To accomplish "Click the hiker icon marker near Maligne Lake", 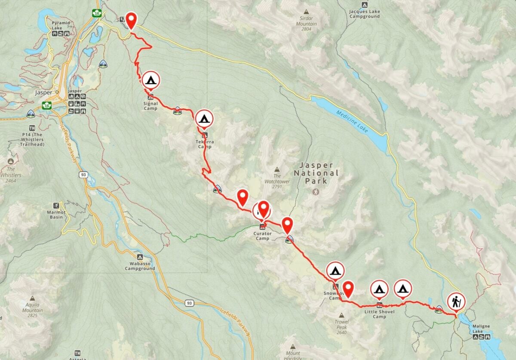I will coord(455,302).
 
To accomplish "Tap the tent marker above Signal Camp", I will coord(150,80).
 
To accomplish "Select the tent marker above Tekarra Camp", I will coord(204,118).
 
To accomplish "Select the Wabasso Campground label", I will coord(140,266).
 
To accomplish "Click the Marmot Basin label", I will coord(56,215).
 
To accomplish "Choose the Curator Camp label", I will coord(262,236).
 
